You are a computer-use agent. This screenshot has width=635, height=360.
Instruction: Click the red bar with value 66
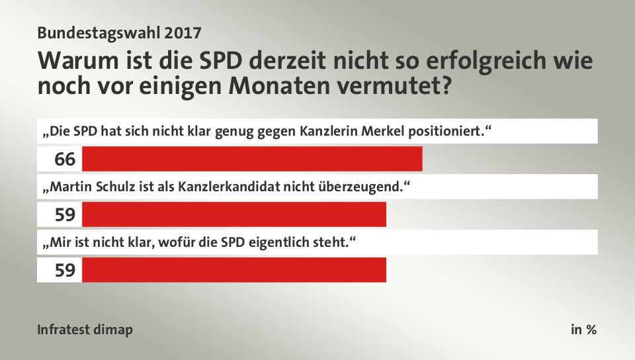251,159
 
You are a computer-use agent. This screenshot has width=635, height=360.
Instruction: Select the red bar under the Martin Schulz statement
233,214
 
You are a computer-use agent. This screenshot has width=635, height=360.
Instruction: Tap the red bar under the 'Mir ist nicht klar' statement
233,270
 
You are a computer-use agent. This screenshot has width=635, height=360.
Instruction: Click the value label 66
65,159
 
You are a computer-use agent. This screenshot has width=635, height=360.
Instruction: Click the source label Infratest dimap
85,330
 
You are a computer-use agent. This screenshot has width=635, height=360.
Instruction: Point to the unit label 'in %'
583,330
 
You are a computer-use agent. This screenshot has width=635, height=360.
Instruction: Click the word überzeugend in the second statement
364,187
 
